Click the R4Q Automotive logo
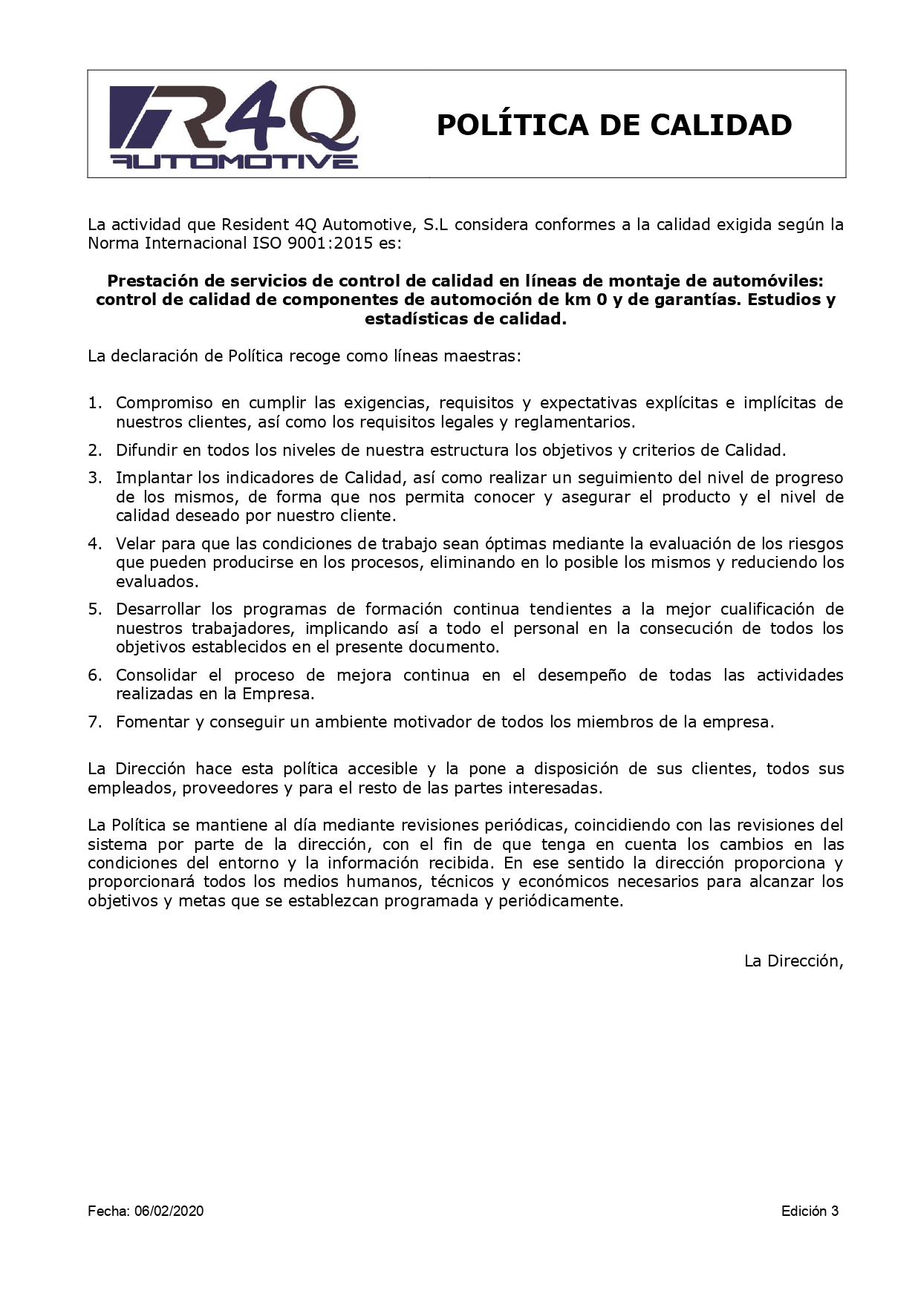coord(234,125)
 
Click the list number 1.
coord(94,403)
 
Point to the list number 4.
coord(94,544)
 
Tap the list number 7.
coord(94,722)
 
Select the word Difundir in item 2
coord(146,450)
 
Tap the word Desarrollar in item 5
coord(158,609)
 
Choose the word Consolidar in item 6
coord(156,675)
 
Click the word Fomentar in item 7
coord(152,722)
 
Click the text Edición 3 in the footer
coord(810,1211)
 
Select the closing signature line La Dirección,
coord(794,961)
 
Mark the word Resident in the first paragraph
coord(256,225)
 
